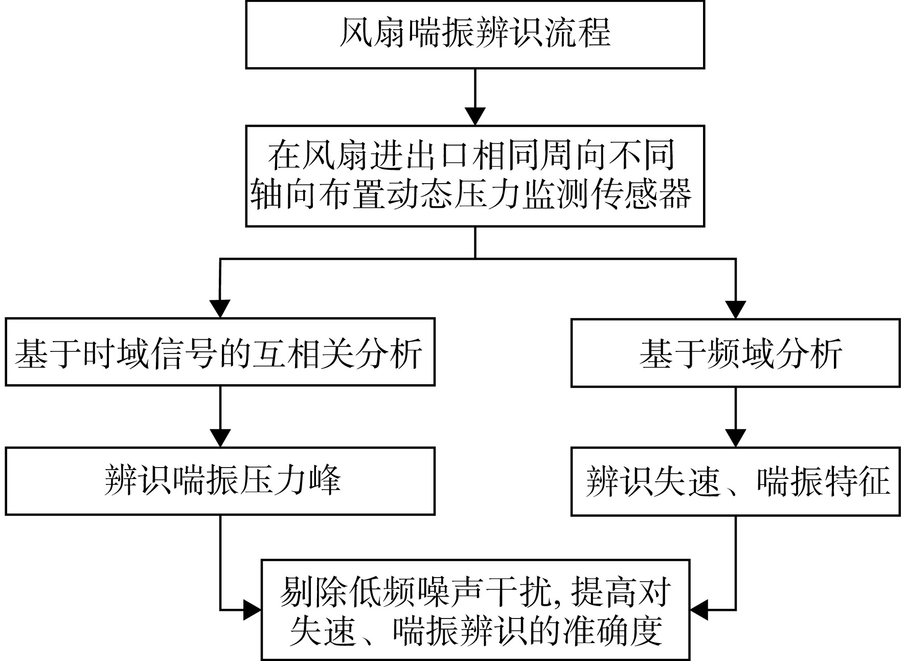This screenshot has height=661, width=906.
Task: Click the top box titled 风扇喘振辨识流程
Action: [475, 34]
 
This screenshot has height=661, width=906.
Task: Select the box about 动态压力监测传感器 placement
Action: [475, 176]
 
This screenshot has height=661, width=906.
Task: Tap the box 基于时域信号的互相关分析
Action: [220, 352]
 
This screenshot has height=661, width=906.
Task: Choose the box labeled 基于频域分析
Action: [735, 353]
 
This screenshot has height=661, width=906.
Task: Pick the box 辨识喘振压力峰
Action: [220, 481]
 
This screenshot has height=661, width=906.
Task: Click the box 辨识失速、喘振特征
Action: [735, 481]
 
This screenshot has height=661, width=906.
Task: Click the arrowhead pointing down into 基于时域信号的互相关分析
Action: [220, 309]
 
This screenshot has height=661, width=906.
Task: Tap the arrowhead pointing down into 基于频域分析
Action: [736, 310]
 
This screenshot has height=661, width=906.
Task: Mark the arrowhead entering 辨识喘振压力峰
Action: [220, 437]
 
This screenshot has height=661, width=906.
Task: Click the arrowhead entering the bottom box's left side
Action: [253, 609]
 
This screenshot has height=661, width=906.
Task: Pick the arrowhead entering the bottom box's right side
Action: [699, 609]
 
